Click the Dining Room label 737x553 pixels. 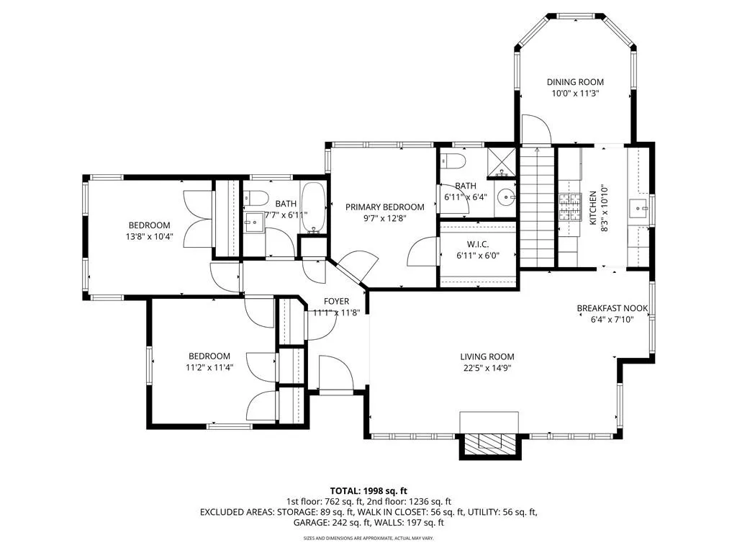tap(575, 82)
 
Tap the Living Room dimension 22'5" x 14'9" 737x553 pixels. tap(487, 368)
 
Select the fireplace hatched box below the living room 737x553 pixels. tap(489, 442)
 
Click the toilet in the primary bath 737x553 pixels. tap(453, 161)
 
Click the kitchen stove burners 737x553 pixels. tap(571, 208)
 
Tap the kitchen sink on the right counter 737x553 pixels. tap(638, 207)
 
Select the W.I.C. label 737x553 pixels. tap(478, 245)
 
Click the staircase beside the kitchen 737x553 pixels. tap(536, 207)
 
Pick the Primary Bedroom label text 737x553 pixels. tap(384, 207)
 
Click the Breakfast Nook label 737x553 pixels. tap(612, 308)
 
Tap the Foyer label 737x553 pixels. tap(336, 302)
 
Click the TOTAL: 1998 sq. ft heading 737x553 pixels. tap(368, 491)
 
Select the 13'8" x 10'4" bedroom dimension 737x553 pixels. tap(149, 236)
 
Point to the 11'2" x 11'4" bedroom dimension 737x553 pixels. tap(209, 367)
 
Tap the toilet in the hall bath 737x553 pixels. tap(256, 198)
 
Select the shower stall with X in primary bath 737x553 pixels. tap(502, 163)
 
